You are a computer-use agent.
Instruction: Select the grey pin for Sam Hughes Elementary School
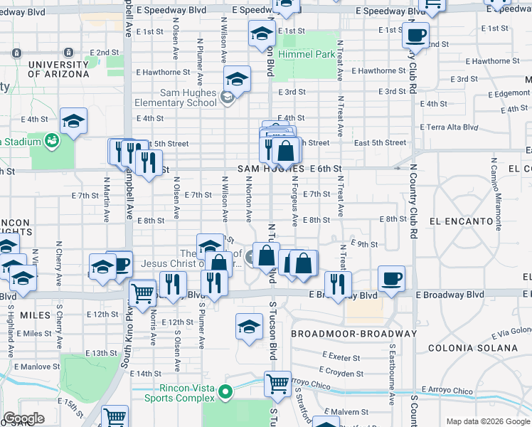coord(228,98)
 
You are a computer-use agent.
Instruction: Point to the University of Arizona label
coord(59,69)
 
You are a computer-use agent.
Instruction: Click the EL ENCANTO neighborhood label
coord(462,221)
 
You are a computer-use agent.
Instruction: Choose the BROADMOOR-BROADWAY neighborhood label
coord(353,333)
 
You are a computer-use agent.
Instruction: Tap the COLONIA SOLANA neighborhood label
coord(473,348)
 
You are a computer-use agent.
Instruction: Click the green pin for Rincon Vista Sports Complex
coord(225,391)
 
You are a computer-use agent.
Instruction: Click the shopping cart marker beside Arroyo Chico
coord(277,383)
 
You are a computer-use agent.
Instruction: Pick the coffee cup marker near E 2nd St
coord(415,33)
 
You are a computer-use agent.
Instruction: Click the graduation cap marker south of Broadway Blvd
coord(249,326)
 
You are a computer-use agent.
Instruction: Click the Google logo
coord(24,418)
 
